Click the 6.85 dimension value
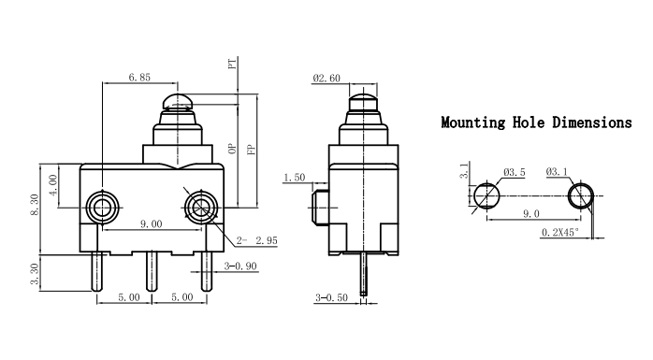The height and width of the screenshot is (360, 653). tap(139, 77)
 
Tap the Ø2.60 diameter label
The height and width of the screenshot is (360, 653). tap(326, 79)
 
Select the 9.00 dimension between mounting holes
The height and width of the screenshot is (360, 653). tap(151, 224)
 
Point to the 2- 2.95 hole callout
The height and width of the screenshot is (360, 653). tap(256, 240)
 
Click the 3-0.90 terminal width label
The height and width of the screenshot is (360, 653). tap(240, 266)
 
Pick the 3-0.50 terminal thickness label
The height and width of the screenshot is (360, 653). tap(331, 297)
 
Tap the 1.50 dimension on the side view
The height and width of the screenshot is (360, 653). tap(295, 178)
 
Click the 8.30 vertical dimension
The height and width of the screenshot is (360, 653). tap(35, 205)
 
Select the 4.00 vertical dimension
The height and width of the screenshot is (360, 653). tap(53, 185)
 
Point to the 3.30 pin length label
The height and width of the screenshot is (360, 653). tap(35, 274)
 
